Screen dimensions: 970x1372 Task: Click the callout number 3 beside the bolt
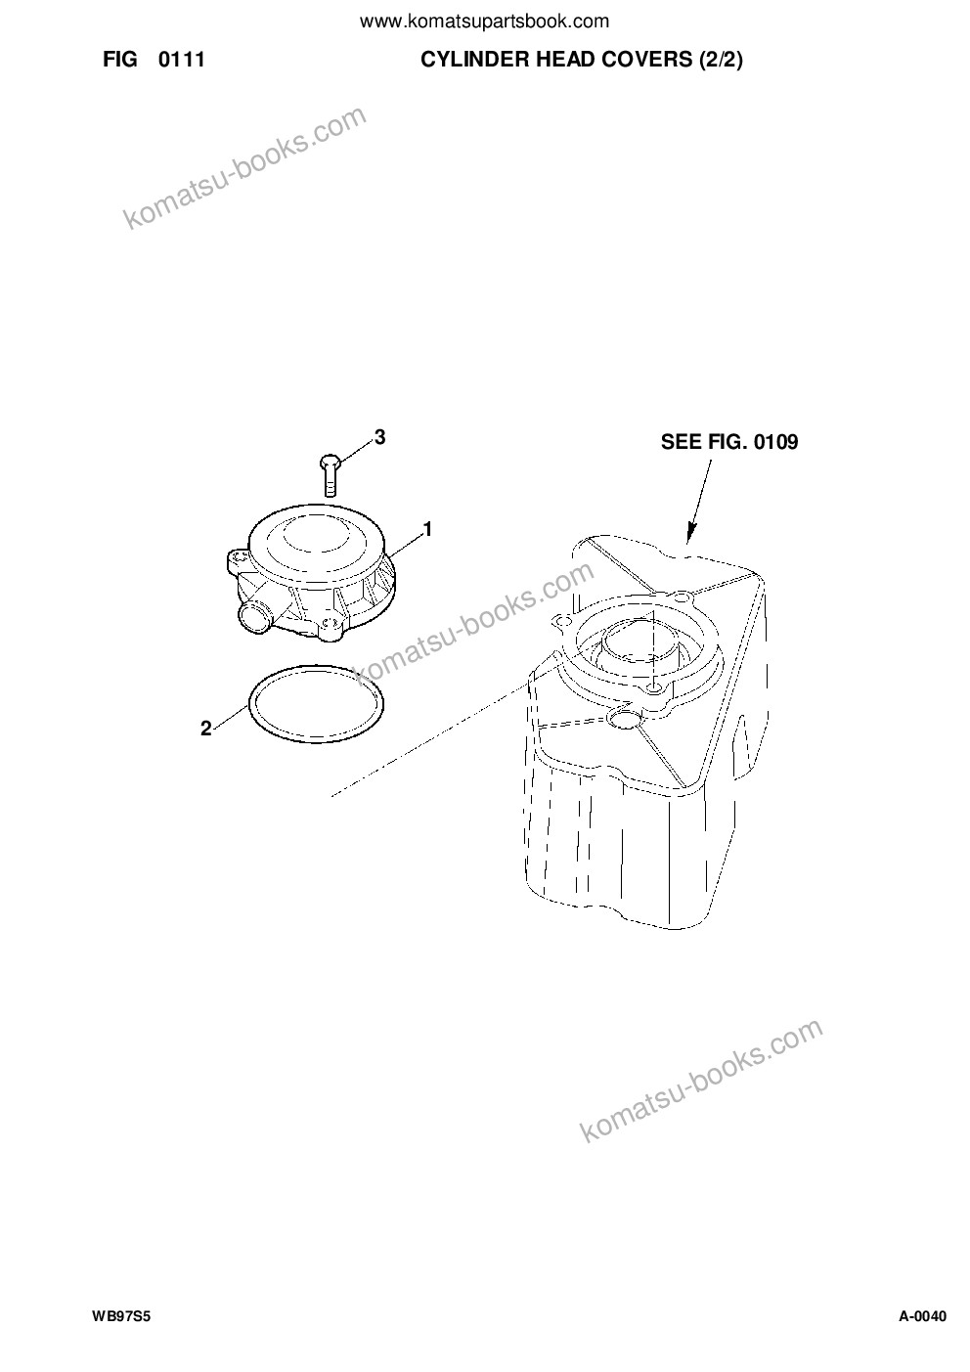tap(379, 437)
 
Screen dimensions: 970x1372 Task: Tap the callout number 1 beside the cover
tap(428, 529)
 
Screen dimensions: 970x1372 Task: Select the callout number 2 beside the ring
tap(205, 729)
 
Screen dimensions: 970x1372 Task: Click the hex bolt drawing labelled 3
tap(331, 474)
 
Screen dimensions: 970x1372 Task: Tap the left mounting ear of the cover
tap(237, 558)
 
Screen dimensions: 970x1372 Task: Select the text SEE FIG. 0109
tap(729, 442)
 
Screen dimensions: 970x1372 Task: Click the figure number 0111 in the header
tap(181, 60)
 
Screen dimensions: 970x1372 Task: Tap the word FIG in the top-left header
tap(120, 60)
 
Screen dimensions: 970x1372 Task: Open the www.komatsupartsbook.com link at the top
tap(484, 22)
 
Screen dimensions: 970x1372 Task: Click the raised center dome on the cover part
tap(316, 536)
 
